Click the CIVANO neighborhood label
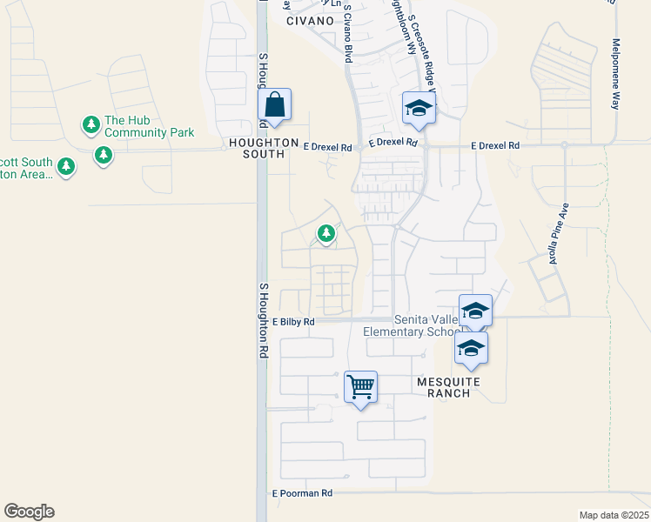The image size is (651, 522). coord(309,20)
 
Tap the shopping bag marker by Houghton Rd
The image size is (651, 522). coord(274,106)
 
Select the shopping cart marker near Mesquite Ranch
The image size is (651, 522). coord(360,385)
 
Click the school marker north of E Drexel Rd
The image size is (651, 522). coord(418,109)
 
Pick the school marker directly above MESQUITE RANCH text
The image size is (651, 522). coord(471,348)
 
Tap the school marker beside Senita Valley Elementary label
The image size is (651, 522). coord(475,311)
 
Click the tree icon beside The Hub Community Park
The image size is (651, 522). coord(91,125)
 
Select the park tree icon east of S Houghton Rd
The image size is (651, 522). coord(326,233)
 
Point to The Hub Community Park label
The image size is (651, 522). coord(149,127)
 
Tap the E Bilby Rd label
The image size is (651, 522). coord(292,321)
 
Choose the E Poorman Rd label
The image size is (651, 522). coord(302,492)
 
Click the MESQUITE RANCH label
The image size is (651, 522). coord(443,387)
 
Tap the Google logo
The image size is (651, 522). coord(29,512)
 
